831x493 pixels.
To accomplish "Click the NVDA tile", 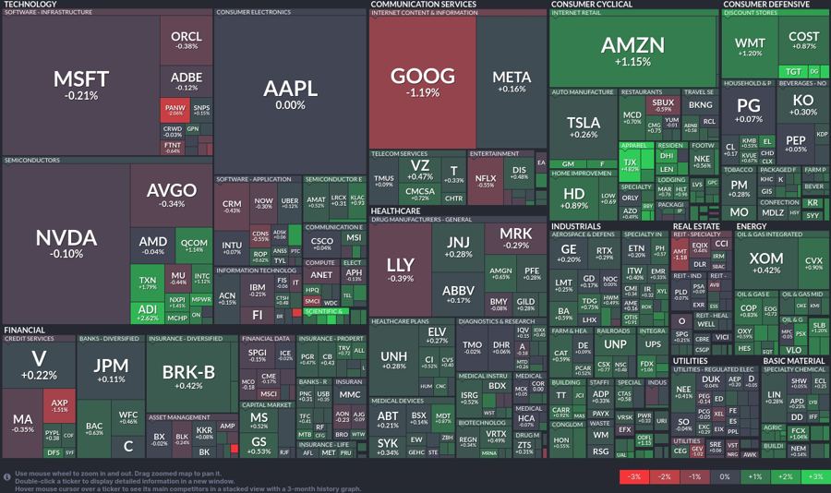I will (x=66, y=243).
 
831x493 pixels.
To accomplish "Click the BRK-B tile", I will (x=188, y=376).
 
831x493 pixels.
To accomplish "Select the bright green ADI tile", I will (x=147, y=312).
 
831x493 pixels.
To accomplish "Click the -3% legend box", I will (x=633, y=476).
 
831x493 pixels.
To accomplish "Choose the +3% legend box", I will (x=814, y=476).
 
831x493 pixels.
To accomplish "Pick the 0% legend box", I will (x=724, y=476).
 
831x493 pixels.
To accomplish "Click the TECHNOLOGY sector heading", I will (x=30, y=5).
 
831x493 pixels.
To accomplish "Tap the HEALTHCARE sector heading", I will (x=396, y=210).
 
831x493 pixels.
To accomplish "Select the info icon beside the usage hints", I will (x=7, y=476).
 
